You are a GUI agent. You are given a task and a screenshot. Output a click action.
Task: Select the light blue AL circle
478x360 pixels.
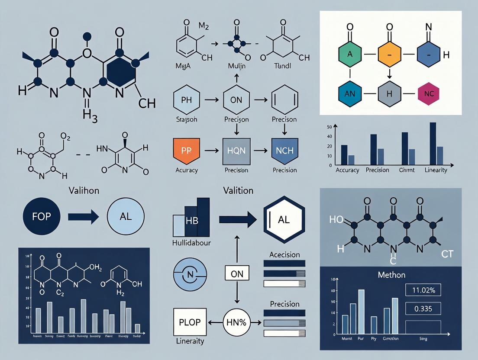[123, 216]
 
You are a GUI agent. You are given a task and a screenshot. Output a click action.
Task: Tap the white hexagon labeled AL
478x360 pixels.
[283, 220]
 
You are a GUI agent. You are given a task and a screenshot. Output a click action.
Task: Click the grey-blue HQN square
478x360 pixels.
[236, 151]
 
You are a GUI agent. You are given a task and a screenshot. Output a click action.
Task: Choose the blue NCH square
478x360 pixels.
[284, 151]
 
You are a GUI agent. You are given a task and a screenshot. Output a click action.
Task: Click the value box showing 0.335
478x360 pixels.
[422, 309]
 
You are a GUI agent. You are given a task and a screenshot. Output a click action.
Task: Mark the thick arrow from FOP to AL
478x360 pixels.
[81, 216]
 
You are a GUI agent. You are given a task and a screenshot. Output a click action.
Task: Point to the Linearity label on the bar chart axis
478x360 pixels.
[436, 170]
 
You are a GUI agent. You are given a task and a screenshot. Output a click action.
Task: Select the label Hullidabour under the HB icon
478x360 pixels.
[192, 243]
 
